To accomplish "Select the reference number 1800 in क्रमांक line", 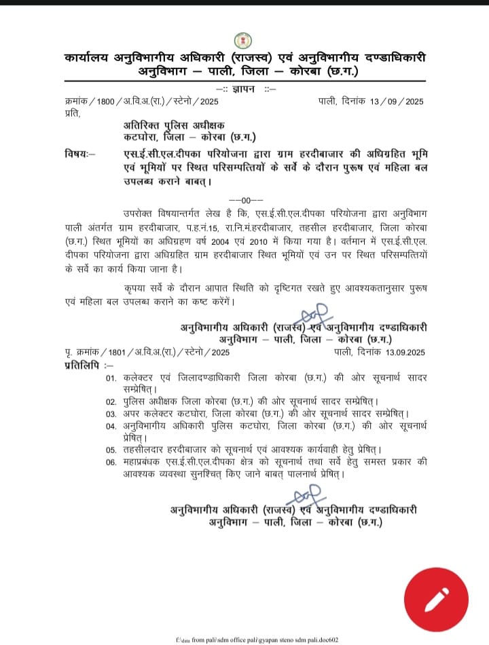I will (107, 102).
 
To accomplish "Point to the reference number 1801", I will (110, 351).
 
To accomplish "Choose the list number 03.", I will (111, 414).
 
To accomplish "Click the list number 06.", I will (111, 463).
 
